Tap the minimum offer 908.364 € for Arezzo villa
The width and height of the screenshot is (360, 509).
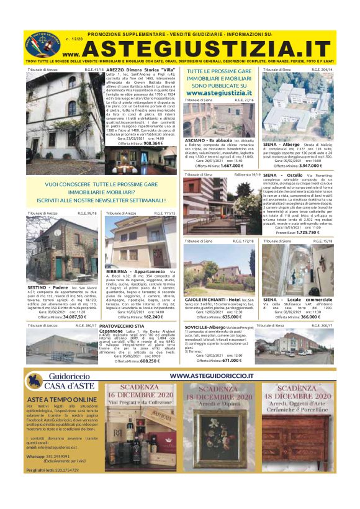tap(154, 143)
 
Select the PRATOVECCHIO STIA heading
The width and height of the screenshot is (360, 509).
tap(122, 325)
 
